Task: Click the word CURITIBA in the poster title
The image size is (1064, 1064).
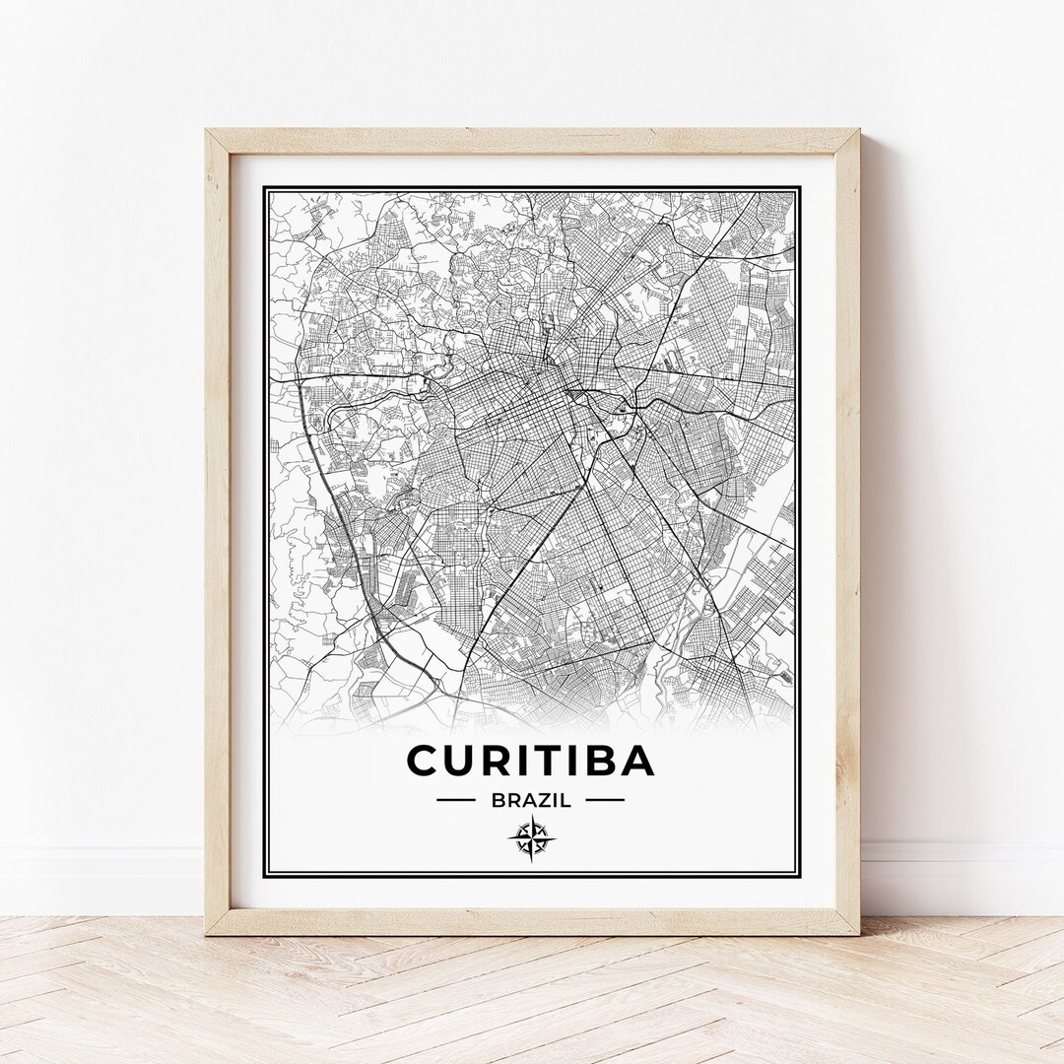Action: tap(530, 761)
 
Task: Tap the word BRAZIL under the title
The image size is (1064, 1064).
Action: tap(530, 800)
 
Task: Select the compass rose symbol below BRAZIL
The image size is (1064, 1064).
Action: tap(530, 838)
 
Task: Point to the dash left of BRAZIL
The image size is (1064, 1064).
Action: tap(455, 800)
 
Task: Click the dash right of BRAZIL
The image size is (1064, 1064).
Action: tap(605, 800)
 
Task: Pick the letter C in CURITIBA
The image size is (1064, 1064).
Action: tap(423, 761)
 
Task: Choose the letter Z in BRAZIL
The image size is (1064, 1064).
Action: tap(540, 800)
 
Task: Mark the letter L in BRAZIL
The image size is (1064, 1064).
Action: tap(566, 800)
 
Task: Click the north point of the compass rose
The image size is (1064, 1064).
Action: tap(530, 818)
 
